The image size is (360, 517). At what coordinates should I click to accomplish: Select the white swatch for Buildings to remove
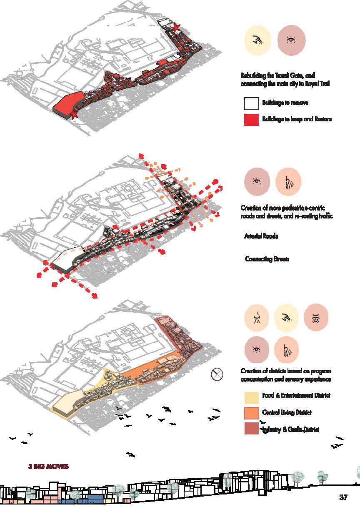251,103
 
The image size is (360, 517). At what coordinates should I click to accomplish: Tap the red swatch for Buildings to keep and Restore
251,119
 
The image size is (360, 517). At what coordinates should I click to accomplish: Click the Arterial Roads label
261,236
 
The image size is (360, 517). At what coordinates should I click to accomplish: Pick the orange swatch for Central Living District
251,412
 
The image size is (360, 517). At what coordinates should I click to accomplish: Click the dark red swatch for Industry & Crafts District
251,429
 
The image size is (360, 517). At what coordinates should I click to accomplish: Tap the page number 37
343,497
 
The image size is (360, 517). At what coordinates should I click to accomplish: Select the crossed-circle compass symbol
217,374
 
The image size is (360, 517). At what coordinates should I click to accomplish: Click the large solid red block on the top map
69,104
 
